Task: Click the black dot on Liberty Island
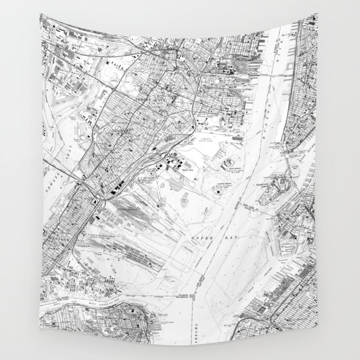pos(217,191)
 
